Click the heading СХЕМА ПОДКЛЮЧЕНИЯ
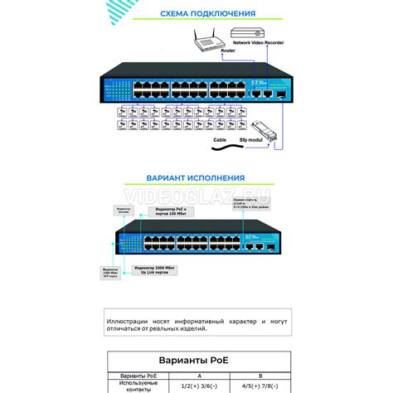(196, 14)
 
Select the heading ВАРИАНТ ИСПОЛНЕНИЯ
(196, 177)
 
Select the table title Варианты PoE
(196, 361)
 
